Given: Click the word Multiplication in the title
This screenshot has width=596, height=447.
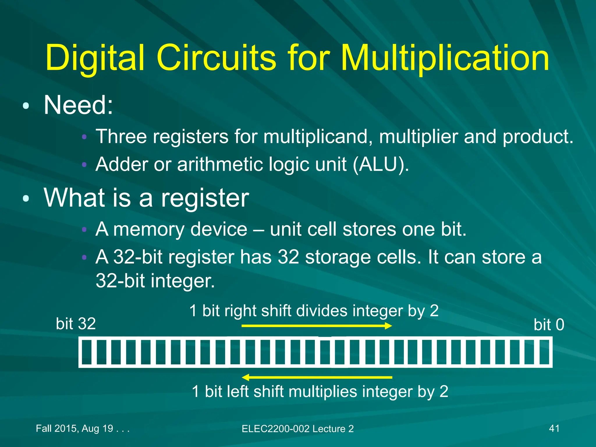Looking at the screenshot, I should (445, 58).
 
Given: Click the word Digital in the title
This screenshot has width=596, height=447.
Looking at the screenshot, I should (95, 58).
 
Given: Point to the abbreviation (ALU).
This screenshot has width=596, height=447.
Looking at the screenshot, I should (381, 164).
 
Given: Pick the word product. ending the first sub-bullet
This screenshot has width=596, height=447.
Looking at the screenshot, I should (538, 137).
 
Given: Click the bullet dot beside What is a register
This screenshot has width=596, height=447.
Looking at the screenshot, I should (26, 198).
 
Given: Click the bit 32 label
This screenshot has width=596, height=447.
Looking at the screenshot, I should (76, 324).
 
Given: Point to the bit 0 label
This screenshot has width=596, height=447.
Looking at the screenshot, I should (549, 325).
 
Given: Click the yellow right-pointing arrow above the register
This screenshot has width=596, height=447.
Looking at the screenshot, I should (317, 326).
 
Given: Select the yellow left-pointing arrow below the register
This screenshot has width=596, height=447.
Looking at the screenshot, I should (317, 377).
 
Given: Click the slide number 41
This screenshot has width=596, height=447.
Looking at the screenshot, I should (554, 428).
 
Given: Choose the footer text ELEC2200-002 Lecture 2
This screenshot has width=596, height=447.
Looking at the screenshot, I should (298, 429).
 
